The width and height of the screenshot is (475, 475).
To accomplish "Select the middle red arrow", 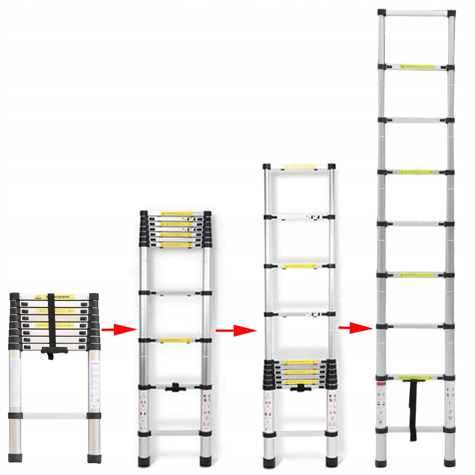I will pyautogui.click(x=229, y=330).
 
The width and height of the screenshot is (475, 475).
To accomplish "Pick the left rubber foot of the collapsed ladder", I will pyautogui.click(x=15, y=458).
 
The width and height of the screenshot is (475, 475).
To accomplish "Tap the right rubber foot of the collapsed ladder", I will pyautogui.click(x=94, y=458).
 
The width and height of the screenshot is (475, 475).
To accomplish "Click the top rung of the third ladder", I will pyautogui.click(x=300, y=167).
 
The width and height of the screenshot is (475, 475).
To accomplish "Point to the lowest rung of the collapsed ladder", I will pyautogui.click(x=55, y=416).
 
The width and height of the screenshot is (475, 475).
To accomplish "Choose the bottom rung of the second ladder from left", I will pyautogui.click(x=175, y=433).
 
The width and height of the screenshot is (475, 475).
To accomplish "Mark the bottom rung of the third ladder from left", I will pyautogui.click(x=300, y=433).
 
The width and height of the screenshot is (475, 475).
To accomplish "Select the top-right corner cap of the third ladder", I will pyautogui.click(x=332, y=167).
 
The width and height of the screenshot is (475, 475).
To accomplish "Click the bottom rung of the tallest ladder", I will pyautogui.click(x=415, y=429).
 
